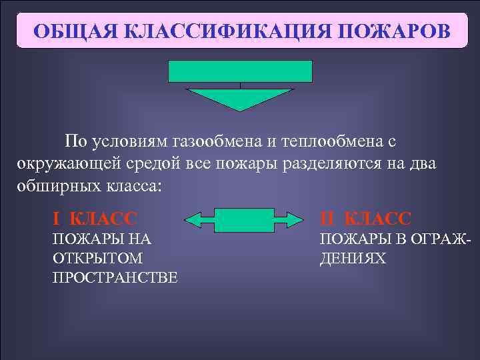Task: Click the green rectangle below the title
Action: (241, 71)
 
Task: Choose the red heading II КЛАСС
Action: (365, 218)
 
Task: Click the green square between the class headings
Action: (245, 219)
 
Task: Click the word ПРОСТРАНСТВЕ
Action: (115, 277)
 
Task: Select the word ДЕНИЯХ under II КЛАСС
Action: (353, 258)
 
